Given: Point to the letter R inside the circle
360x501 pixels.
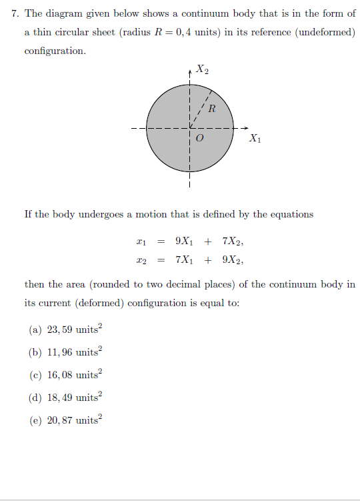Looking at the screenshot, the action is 212,109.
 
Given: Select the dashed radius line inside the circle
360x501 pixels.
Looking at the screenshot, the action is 201,107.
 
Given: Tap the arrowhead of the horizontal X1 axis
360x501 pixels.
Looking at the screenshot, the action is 244,128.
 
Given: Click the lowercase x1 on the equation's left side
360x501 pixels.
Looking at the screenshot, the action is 140,242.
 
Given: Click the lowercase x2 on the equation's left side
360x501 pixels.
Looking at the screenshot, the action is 140,260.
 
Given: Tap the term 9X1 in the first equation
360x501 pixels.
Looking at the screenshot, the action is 185,241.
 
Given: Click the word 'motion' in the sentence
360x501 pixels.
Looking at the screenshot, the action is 151,214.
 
